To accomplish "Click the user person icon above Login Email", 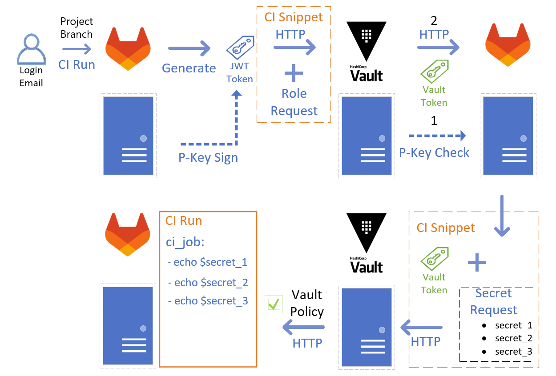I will [31, 50].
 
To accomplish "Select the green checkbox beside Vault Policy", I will [273, 304].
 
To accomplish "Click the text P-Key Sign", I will [208, 158].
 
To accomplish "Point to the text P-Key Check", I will [434, 153].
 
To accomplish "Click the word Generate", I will [189, 68].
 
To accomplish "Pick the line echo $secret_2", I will [208, 283].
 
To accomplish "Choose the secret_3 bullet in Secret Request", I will [513, 352].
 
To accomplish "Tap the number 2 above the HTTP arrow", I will [434, 21].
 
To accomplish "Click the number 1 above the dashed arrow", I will [434, 121].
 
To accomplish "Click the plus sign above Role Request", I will [293, 73].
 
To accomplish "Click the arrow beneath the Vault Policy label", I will [304, 328].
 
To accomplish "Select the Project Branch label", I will [77, 28].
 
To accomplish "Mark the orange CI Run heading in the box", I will [184, 221].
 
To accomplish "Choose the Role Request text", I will [294, 102].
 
